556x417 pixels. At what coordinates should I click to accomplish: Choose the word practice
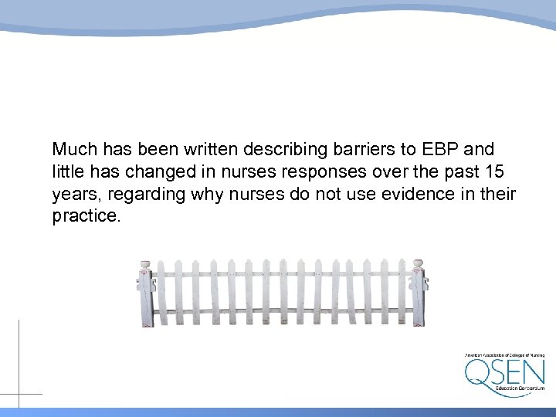[x=86, y=217]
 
